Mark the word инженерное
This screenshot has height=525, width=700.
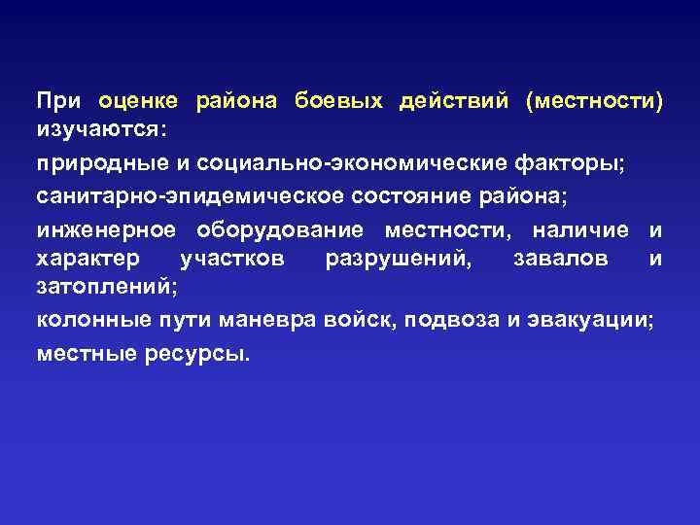(107, 229)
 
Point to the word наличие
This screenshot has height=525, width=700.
(581, 229)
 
